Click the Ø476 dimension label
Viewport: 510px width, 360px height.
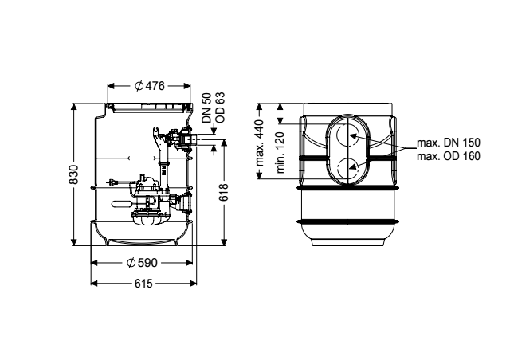pyautogui.click(x=150, y=86)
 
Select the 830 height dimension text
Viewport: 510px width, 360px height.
pyautogui.click(x=74, y=174)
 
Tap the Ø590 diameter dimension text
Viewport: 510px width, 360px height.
pyautogui.click(x=142, y=263)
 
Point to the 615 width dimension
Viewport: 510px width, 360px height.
pyautogui.click(x=143, y=284)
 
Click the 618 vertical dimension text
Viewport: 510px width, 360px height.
pyautogui.click(x=224, y=193)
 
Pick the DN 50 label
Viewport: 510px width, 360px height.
pyautogui.click(x=207, y=108)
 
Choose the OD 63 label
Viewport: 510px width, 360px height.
pyautogui.click(x=220, y=108)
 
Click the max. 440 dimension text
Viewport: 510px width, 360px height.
pyautogui.click(x=260, y=143)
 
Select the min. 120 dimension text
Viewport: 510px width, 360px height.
pyautogui.click(x=280, y=152)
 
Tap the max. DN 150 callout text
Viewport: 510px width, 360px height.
pyautogui.click(x=448, y=143)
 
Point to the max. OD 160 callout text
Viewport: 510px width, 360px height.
pyautogui.click(x=448, y=156)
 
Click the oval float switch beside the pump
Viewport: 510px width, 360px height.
pyautogui.click(x=121, y=204)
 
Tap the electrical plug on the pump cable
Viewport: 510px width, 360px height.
pyautogui.click(x=112, y=182)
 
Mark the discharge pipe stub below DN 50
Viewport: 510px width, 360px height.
pyautogui.click(x=194, y=140)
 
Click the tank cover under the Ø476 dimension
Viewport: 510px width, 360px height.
pyautogui.click(x=149, y=108)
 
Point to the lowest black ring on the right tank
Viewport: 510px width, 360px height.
pyautogui.click(x=347, y=221)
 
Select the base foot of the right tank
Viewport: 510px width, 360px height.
pyautogui.click(x=347, y=242)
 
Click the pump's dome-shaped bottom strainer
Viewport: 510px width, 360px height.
pyautogui.click(x=150, y=220)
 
